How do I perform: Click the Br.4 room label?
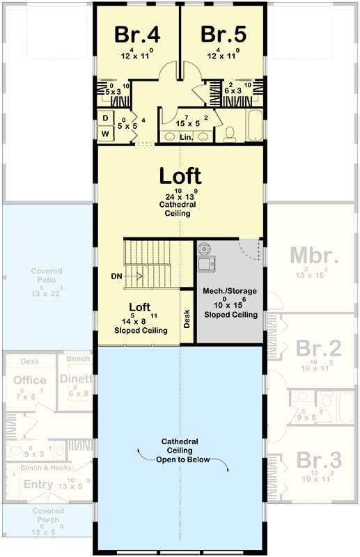tap(136, 33)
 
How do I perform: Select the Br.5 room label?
tap(223, 33)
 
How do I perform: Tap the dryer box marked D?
tap(105, 118)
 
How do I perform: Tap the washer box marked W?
tap(105, 133)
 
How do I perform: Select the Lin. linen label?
tap(186, 138)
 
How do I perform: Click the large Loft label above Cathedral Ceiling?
tap(180, 175)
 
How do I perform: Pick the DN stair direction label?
tap(118, 276)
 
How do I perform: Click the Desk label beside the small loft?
tap(187, 319)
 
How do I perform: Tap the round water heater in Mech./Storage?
tap(205, 248)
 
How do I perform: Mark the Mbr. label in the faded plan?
tap(314, 255)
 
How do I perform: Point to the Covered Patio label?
tap(47, 276)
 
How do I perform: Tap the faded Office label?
tap(30, 380)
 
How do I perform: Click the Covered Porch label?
tap(47, 515)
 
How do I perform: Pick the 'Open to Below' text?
tap(181, 460)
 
